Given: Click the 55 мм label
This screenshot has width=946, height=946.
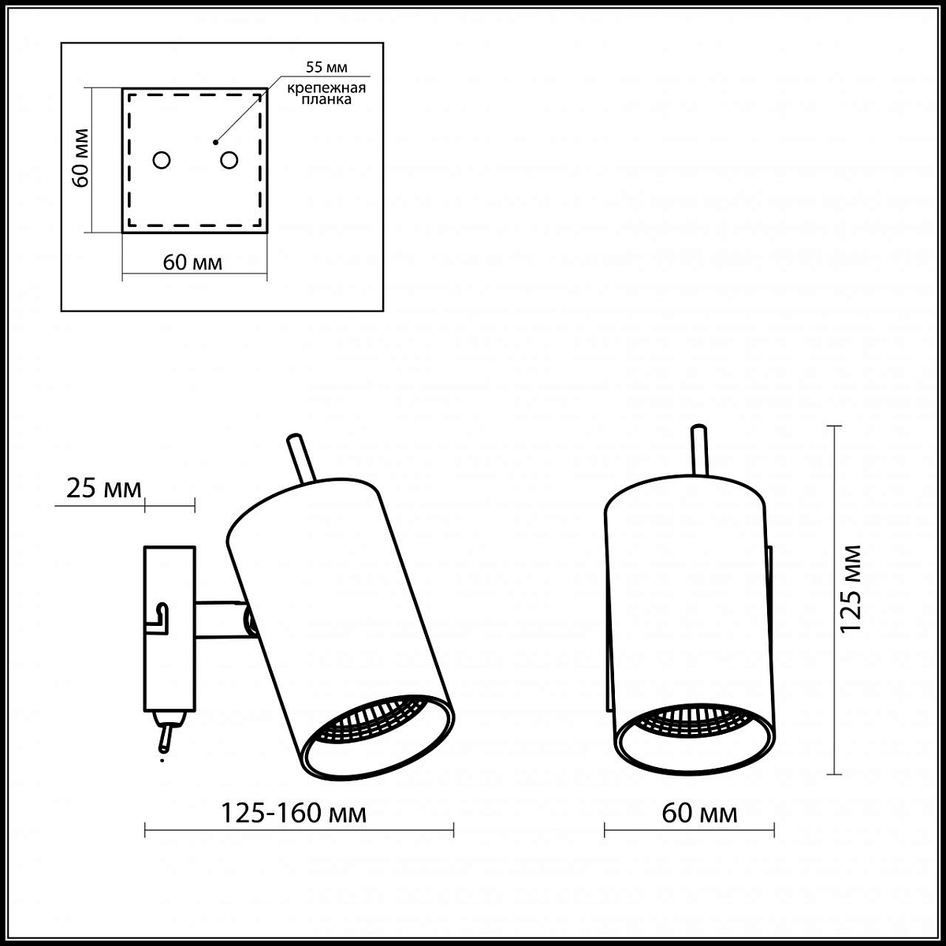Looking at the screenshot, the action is pos(326,67).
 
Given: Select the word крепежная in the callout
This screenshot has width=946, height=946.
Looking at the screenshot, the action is pos(326,88).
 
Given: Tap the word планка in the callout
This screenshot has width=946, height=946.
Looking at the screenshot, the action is pos(326,99).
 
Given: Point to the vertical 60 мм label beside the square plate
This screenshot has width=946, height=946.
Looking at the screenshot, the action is pos(80,158).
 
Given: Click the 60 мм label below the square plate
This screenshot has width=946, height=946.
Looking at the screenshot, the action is pos(192,263).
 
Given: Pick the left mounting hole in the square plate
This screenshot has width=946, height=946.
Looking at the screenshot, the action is pos(162,160).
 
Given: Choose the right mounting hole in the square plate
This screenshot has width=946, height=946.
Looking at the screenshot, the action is pos(229,160).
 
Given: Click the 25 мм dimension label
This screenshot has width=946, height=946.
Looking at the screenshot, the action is pos(103,489).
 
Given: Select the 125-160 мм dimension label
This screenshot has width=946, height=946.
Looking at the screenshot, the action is pos(293,814).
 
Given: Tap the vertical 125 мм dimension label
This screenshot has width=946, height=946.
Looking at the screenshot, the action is pos(851,589).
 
